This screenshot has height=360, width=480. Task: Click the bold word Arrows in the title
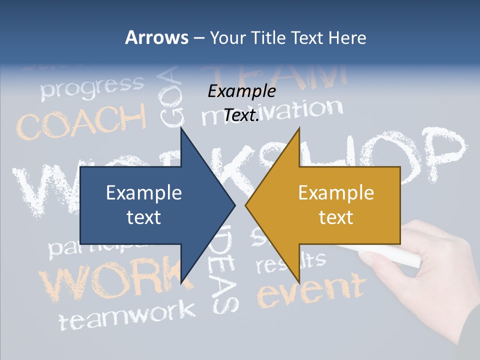[156, 37]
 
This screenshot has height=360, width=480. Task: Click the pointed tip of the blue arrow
[234, 204]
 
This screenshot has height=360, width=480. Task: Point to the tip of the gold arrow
[246, 204]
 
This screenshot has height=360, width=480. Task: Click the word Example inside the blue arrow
[144, 192]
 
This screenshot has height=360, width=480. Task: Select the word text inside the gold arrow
[336, 217]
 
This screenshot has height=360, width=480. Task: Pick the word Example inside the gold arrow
[336, 192]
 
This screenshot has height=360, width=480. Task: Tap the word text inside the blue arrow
[144, 217]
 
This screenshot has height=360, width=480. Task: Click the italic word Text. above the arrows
[241, 115]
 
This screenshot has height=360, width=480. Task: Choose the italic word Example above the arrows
[241, 91]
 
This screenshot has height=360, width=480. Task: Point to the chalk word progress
[92, 86]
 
